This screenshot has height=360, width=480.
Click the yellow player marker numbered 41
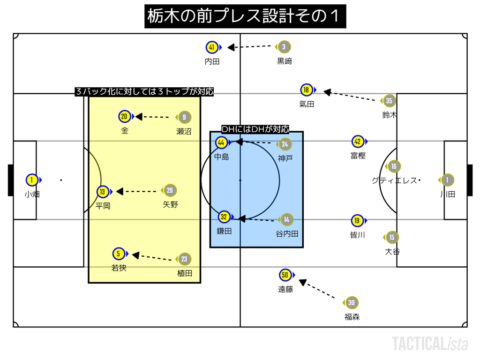coord(212,47)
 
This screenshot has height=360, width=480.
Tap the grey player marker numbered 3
coord(284,46)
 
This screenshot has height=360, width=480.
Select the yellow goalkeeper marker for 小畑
coord(31,180)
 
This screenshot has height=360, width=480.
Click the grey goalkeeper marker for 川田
coord(447,180)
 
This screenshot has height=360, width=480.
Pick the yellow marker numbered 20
coord(124,117)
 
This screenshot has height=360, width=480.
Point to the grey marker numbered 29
coord(170,191)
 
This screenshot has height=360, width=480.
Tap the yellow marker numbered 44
coord(222,142)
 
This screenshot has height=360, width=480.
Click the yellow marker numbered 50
coord(285,275)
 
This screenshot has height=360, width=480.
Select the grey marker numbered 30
coord(351,303)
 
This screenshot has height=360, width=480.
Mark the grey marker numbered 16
coord(394,166)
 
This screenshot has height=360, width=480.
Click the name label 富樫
coord(358,156)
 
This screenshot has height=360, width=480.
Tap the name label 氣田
coord(307,104)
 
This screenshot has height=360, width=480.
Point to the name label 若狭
coord(119,268)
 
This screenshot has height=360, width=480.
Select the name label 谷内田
coord(287,233)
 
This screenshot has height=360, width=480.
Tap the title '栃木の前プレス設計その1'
coord(245,16)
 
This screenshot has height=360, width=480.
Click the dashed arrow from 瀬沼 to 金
coord(152,117)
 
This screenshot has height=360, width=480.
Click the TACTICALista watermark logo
coord(430,344)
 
